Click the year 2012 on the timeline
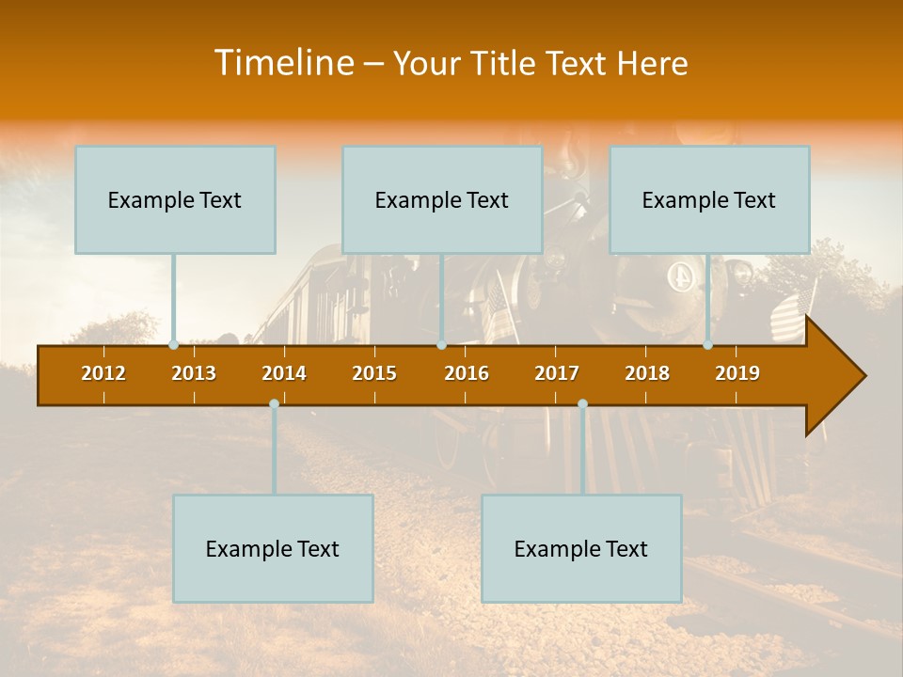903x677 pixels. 103,373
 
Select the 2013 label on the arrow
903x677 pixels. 194,373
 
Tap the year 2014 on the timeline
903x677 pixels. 284,373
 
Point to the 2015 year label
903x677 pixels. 374,373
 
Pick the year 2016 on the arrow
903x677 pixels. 467,373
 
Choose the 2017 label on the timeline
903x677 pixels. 557,373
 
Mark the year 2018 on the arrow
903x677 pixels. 647,373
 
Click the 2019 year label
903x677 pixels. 737,373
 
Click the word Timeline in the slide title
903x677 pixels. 283,63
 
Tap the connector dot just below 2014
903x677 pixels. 274,403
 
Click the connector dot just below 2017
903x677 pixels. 582,403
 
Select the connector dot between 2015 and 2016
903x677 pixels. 441,345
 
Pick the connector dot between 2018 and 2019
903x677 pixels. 708,345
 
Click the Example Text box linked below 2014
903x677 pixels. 273,548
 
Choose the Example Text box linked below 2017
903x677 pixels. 581,548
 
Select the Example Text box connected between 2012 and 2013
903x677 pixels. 175,199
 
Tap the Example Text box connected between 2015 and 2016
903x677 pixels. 442,199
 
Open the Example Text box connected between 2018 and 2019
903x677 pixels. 709,199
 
